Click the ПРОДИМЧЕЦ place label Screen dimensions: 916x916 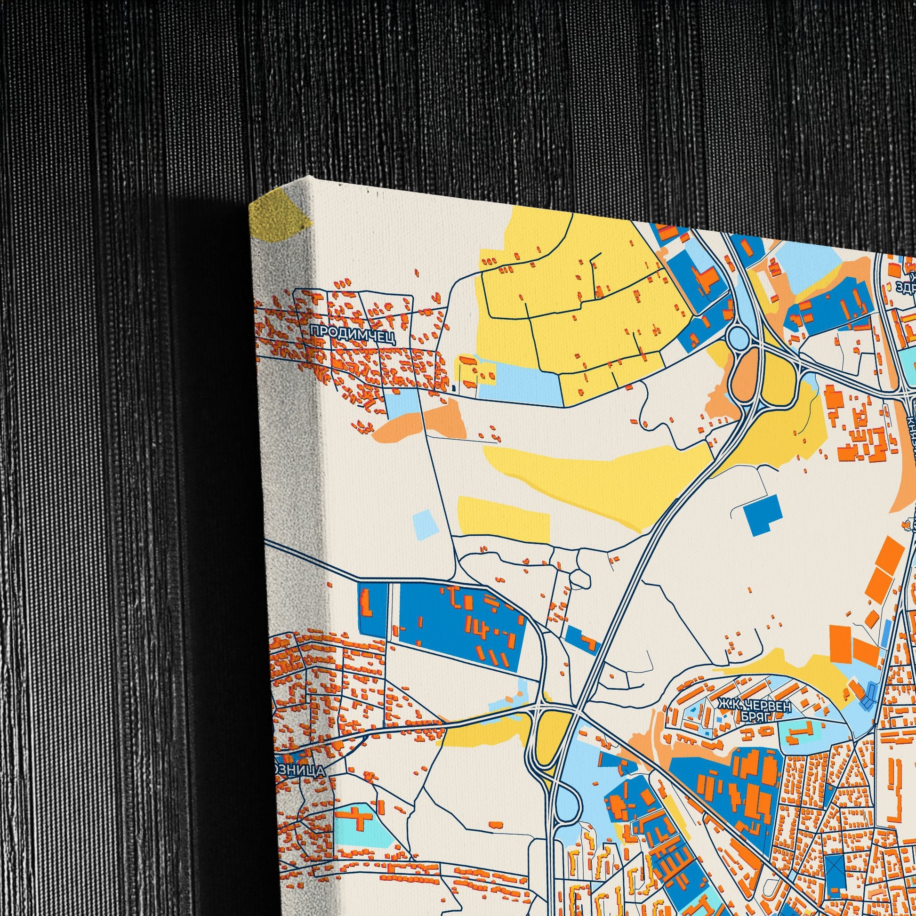(x=352, y=331)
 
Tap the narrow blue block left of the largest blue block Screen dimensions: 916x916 (x=373, y=608)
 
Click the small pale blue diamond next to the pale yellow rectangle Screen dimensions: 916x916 (x=426, y=524)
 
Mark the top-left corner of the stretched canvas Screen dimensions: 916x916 (x=250, y=205)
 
